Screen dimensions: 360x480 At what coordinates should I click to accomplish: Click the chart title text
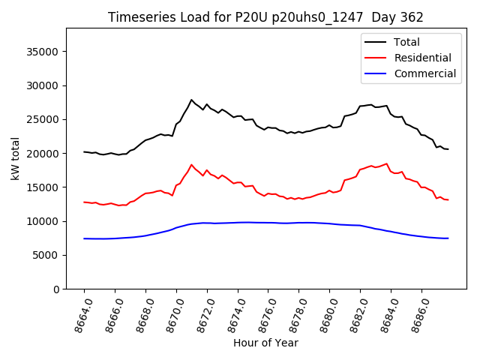click(x=265, y=17)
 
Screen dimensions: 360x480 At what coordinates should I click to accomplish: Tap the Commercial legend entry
click(x=424, y=73)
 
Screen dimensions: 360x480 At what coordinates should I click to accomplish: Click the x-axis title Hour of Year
click(x=265, y=343)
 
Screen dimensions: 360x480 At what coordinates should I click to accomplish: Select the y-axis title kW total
click(x=16, y=158)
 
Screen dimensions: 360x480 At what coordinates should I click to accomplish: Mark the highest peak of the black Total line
click(x=191, y=100)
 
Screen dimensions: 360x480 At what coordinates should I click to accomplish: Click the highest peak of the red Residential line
click(x=191, y=164)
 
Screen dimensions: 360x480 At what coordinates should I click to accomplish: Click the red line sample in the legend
click(x=377, y=58)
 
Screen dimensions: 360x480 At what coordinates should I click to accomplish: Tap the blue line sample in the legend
click(x=377, y=73)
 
